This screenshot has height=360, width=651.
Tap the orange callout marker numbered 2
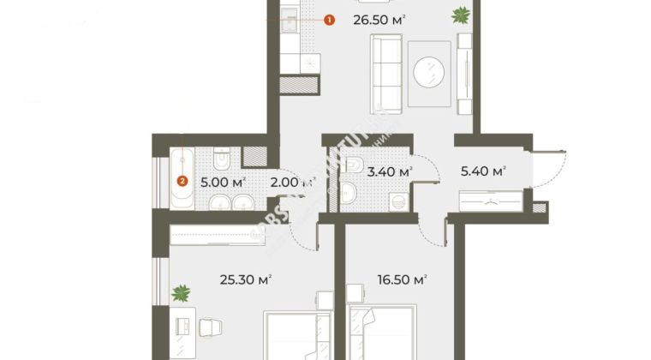click(182, 180)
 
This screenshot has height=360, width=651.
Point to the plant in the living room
click(461, 14)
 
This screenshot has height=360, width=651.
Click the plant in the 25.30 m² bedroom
click(181, 294)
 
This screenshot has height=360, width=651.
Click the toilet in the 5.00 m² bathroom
click(222, 159)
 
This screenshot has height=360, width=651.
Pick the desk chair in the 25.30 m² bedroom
click(211, 326)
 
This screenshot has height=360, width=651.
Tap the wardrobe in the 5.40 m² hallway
click(491, 203)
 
